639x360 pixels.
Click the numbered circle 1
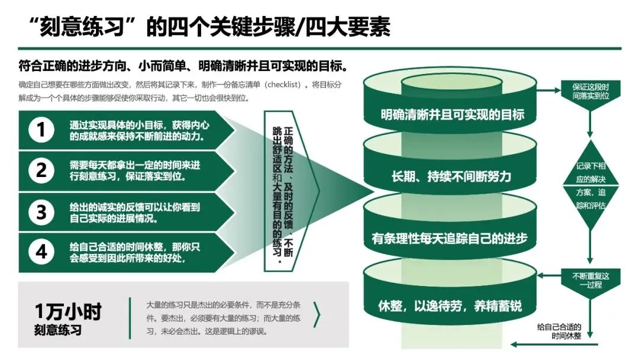pos(41,130)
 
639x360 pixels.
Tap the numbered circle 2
pos(41,171)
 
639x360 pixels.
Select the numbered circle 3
pos(41,211)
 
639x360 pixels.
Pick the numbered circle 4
pos(41,252)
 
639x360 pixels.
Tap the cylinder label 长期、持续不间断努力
pos(451,176)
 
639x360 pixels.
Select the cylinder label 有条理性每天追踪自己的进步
pos(451,239)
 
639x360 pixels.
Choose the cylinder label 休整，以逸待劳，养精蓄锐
pos(451,307)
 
